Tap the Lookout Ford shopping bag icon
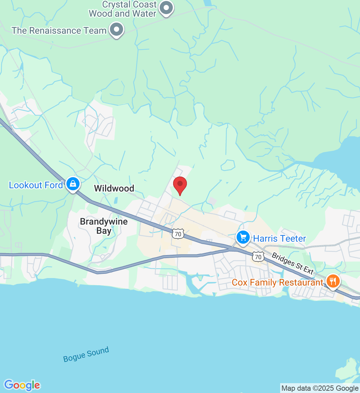tap(73, 184)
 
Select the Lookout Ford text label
tap(36, 185)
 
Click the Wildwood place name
tap(114, 188)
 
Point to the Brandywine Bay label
tap(104, 226)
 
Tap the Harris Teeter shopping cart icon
tap(243, 237)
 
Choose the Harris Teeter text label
tap(279, 238)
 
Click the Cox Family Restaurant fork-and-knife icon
tap(333, 281)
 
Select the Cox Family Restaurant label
tap(278, 282)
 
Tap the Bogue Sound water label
tap(86, 354)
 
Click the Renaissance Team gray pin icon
tap(116, 29)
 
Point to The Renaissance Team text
tap(59, 30)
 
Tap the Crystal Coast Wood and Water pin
tap(166, 8)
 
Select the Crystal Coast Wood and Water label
tap(123, 9)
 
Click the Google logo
tap(22, 385)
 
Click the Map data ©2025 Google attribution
tap(320, 388)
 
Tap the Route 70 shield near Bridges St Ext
tap(258, 257)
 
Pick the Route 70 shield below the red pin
tap(178, 234)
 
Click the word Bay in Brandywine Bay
tap(104, 231)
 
